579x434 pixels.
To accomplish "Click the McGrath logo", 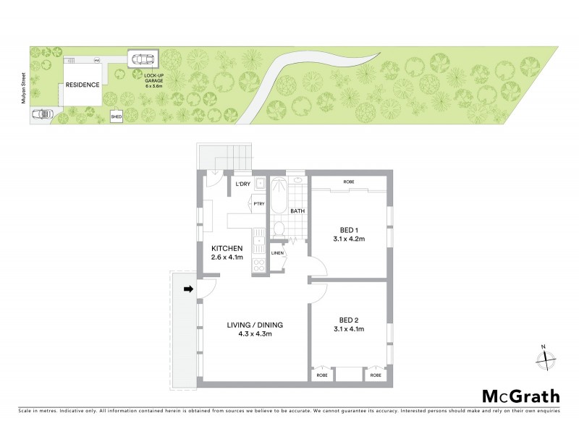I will click(x=520, y=396).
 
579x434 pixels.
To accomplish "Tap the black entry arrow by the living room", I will click(x=188, y=290).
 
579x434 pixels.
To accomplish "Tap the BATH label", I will click(x=297, y=211).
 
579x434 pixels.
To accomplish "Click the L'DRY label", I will click(x=242, y=184).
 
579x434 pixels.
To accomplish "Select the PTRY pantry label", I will click(x=258, y=204).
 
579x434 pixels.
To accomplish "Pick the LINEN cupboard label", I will click(x=277, y=253).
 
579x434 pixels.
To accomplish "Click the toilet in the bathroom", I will click(x=279, y=229).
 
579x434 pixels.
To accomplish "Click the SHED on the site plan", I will click(x=116, y=116).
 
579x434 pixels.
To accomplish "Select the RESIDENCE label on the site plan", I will click(x=83, y=85).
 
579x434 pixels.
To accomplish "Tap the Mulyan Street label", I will click(x=24, y=85).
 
